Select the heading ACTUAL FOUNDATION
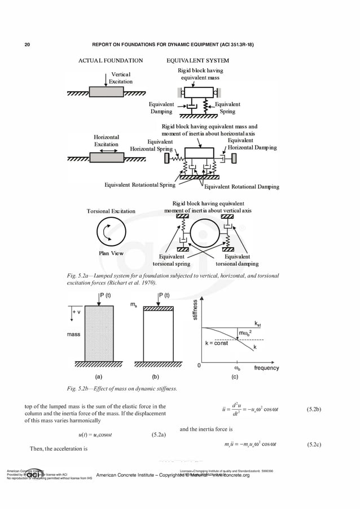111,60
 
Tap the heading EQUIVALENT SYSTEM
197,60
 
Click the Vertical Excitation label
121,78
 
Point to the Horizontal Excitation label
106,141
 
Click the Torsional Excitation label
111,211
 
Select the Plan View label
111,253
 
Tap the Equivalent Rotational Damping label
241,187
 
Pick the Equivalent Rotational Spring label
140,185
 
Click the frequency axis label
266,367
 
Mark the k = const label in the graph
216,343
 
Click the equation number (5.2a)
159,435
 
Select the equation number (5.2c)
314,445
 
